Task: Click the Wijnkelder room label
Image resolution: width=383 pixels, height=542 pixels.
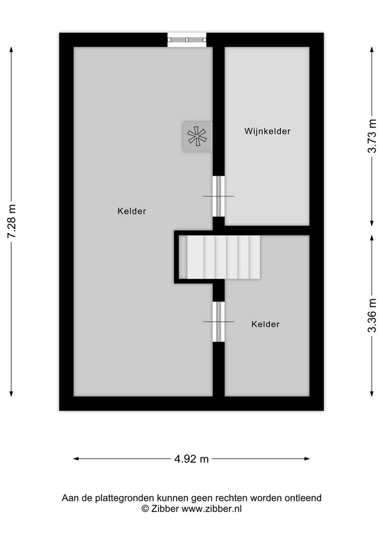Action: click(x=267, y=132)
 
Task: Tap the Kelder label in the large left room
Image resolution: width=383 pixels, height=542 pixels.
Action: click(x=131, y=211)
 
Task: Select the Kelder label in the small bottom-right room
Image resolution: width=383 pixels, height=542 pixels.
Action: click(x=265, y=324)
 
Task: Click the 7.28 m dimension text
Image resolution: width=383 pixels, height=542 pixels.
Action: click(x=12, y=221)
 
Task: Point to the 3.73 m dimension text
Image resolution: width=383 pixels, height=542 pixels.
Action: click(x=372, y=136)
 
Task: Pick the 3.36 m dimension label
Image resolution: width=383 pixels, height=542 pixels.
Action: click(x=372, y=316)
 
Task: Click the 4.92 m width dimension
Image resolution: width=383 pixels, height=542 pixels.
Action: click(x=191, y=458)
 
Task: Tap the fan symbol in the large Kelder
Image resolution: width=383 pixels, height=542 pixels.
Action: click(x=197, y=136)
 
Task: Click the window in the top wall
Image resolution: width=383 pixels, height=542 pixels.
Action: click(x=187, y=40)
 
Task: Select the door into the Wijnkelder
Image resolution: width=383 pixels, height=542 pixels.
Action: click(x=218, y=196)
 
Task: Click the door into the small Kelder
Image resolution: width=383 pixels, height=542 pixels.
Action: click(x=218, y=321)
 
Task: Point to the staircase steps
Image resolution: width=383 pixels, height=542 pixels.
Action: click(x=223, y=257)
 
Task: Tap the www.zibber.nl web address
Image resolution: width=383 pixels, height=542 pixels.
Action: click(x=212, y=509)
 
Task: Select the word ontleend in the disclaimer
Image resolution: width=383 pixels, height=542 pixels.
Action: click(x=303, y=498)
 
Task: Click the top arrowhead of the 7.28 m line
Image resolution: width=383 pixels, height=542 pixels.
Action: click(x=11, y=49)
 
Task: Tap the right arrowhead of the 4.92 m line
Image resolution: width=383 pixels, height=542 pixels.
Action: click(x=307, y=458)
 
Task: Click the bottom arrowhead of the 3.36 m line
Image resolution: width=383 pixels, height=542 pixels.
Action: click(x=372, y=394)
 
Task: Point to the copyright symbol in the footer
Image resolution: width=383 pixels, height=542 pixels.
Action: click(x=145, y=509)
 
